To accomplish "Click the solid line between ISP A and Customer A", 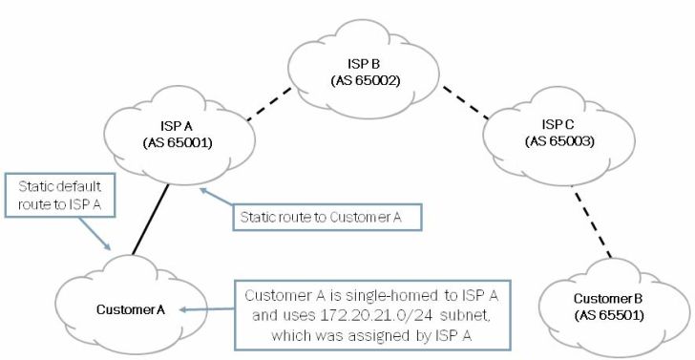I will [x=150, y=219].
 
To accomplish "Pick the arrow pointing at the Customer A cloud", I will [x=206, y=309].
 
